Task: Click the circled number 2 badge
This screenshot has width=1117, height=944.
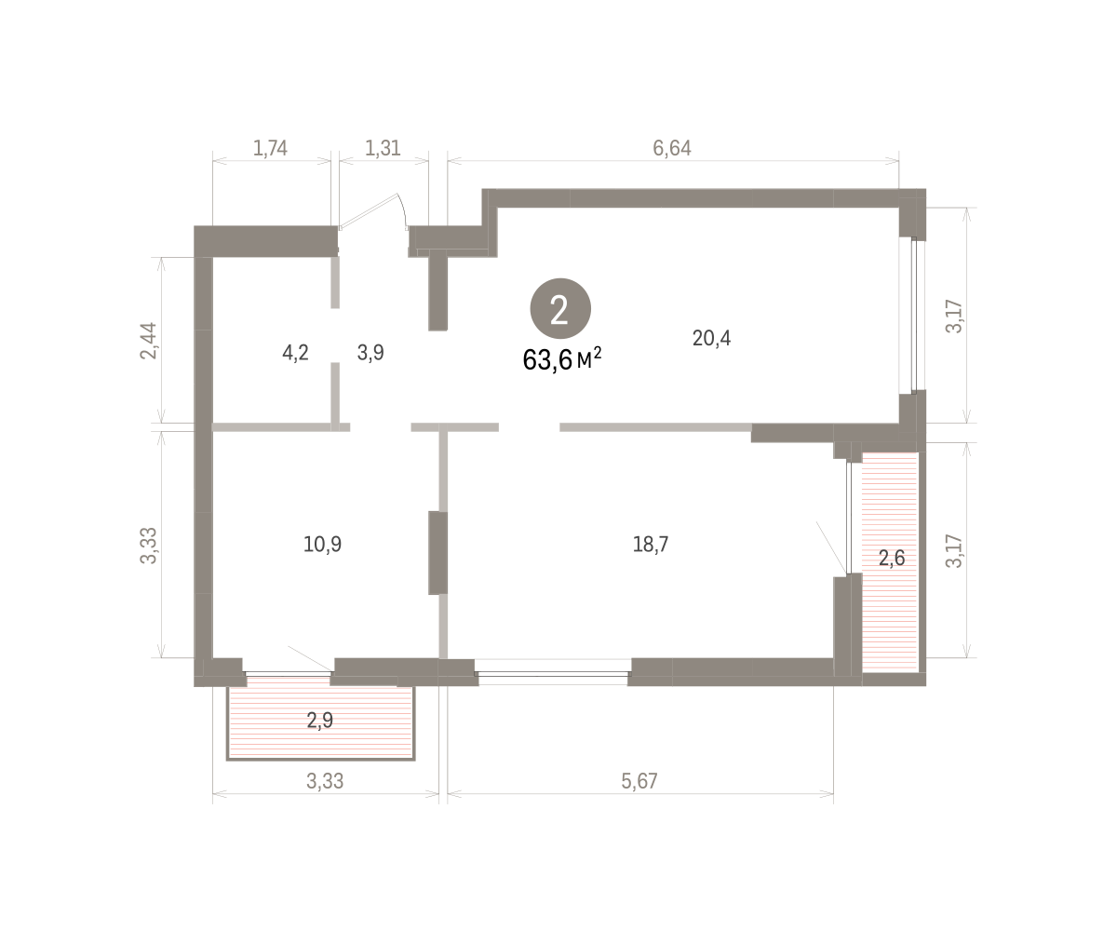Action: coord(560,308)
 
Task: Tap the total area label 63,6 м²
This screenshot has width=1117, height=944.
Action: coord(561,359)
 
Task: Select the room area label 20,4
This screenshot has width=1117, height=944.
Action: coord(711,338)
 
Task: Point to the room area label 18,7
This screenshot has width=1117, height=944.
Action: coord(651,545)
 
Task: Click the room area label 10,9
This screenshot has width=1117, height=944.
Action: coord(322,545)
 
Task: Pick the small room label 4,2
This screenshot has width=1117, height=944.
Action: coord(295,353)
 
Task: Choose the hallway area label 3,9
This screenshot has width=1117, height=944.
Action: coord(370,353)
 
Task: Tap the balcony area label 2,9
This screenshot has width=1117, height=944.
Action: coord(320,721)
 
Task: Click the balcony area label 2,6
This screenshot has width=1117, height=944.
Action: coord(892,559)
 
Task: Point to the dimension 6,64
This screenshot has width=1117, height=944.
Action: coord(672,148)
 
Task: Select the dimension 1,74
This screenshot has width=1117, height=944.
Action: coord(270,148)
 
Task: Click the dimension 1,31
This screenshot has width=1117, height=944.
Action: coord(383,148)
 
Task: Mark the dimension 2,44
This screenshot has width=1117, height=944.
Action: coord(149,341)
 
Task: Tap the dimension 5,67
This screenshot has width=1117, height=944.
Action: coord(639,781)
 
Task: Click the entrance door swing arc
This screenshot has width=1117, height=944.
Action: coord(403,209)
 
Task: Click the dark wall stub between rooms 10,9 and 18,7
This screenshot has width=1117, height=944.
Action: coord(437,553)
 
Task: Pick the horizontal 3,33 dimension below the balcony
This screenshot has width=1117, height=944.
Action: coord(325,781)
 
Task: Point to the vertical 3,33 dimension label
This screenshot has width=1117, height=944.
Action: coord(149,546)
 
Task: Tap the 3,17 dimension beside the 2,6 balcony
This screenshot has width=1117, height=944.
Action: coord(954,551)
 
